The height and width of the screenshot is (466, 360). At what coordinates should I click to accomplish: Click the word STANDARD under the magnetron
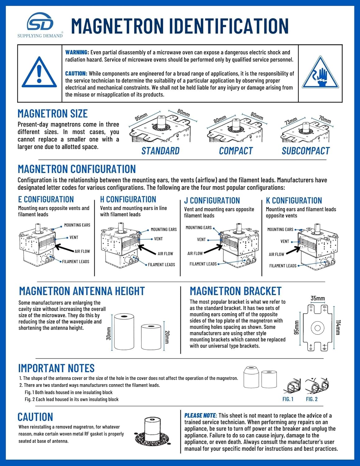(x=160, y=151)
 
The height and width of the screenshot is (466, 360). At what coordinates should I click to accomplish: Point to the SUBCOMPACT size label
(x=305, y=151)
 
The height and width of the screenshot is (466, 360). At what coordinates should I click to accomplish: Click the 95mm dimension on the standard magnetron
(x=141, y=117)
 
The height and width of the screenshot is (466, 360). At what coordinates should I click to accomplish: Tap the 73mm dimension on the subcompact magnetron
(x=291, y=121)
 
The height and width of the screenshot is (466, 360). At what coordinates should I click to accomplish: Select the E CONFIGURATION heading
(x=46, y=199)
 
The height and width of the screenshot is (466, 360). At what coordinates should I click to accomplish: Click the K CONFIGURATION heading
(x=294, y=201)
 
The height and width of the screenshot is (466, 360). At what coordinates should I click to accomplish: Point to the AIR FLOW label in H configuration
(x=165, y=254)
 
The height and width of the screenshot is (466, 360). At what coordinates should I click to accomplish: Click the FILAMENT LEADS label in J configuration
(x=203, y=264)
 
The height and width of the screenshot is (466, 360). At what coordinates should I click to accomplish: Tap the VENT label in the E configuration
(x=74, y=237)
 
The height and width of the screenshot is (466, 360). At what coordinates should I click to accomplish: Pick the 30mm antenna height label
(x=109, y=333)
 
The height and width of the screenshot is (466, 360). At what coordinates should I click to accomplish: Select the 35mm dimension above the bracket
(x=318, y=298)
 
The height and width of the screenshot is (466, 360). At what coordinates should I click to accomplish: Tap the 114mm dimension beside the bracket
(x=338, y=327)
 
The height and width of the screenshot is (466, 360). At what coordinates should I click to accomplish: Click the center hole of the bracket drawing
(x=317, y=328)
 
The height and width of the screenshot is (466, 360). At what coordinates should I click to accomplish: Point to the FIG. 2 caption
(x=312, y=399)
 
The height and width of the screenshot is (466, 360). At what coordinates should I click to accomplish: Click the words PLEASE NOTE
(x=200, y=416)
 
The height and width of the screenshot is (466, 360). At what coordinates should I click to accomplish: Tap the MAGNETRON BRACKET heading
(x=235, y=291)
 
